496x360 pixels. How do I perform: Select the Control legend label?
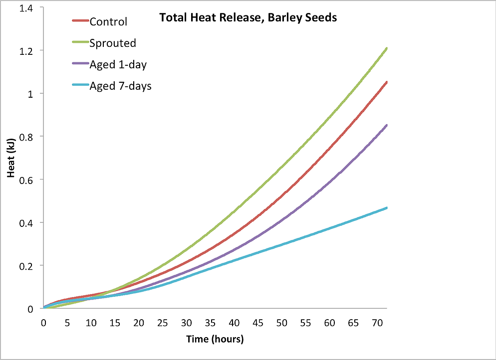[108, 22]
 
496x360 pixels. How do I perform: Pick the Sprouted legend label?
[113, 43]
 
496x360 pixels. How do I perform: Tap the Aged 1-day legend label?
[118, 65]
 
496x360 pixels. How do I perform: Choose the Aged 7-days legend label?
[120, 86]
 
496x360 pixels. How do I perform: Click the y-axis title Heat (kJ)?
[10, 157]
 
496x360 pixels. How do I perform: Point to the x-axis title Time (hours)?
[215, 340]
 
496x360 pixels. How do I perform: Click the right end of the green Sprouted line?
[387, 48]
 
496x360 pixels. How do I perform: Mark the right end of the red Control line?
[387, 82]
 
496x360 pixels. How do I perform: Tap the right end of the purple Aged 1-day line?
[387, 125]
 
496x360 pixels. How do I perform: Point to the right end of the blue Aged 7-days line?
[387, 207]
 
